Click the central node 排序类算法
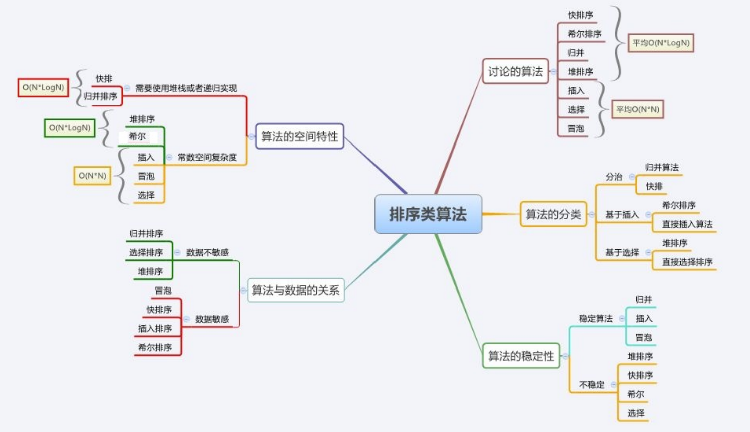point(428,214)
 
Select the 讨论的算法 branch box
point(515,71)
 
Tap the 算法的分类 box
point(553,215)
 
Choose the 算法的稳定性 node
point(521,356)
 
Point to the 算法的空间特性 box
point(299,136)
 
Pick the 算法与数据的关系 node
point(295,290)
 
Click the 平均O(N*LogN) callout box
point(661,43)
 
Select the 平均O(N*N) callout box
point(638,109)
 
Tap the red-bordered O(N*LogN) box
point(43,87)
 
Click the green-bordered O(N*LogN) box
point(70,128)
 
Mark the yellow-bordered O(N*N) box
point(92,176)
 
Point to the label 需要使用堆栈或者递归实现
point(186,88)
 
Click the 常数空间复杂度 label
point(207,157)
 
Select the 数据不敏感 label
point(207,252)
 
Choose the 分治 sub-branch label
point(614,177)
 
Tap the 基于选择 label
point(622,252)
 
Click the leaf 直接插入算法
point(687,224)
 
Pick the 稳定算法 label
point(596,318)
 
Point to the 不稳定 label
point(592,385)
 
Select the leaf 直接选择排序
point(687,262)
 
